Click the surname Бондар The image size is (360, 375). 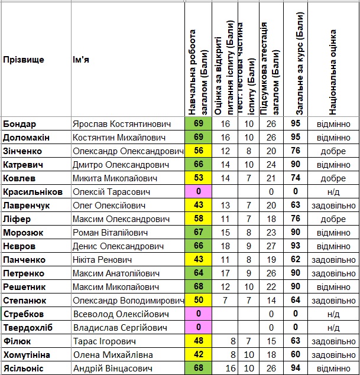(20, 124)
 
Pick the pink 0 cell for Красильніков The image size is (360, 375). (198, 192)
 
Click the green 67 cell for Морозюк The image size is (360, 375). (198, 233)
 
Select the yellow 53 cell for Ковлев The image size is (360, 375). (198, 178)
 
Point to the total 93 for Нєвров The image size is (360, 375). (296, 246)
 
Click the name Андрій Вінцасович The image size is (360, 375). (113, 369)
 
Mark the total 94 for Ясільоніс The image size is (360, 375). (296, 369)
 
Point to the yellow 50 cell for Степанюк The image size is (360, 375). (198, 301)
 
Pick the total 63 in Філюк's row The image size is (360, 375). (296, 341)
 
